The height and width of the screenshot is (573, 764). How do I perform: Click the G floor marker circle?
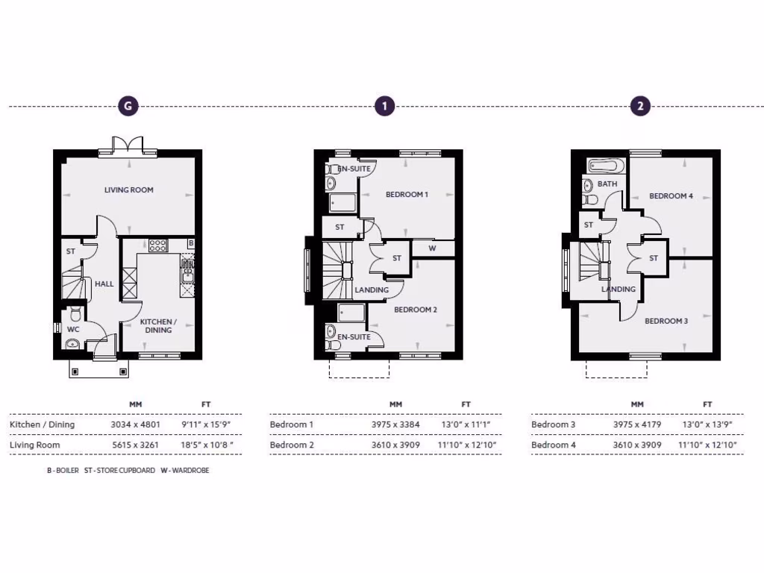click(128, 106)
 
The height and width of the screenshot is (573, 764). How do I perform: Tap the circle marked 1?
click(383, 106)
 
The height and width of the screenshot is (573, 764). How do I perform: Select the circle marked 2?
click(639, 106)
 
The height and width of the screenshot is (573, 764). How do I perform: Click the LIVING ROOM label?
click(128, 190)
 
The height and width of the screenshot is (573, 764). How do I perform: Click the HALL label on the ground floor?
click(104, 284)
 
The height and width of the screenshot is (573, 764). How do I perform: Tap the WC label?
click(73, 329)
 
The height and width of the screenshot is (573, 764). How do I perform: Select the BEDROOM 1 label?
click(407, 195)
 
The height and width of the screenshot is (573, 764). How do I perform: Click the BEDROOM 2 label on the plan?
click(416, 310)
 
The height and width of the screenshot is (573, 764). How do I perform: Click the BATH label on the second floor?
click(607, 184)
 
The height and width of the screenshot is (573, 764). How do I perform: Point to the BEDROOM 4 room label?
click(671, 196)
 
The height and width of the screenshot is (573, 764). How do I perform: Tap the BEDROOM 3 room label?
click(666, 321)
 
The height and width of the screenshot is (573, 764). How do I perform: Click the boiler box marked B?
click(191, 243)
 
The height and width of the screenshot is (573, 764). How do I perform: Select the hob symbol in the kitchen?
click(157, 244)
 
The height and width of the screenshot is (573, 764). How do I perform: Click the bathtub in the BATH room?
click(606, 166)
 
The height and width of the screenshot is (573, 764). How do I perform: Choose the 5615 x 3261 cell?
click(135, 445)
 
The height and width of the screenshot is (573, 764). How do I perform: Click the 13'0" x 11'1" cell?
click(466, 425)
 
